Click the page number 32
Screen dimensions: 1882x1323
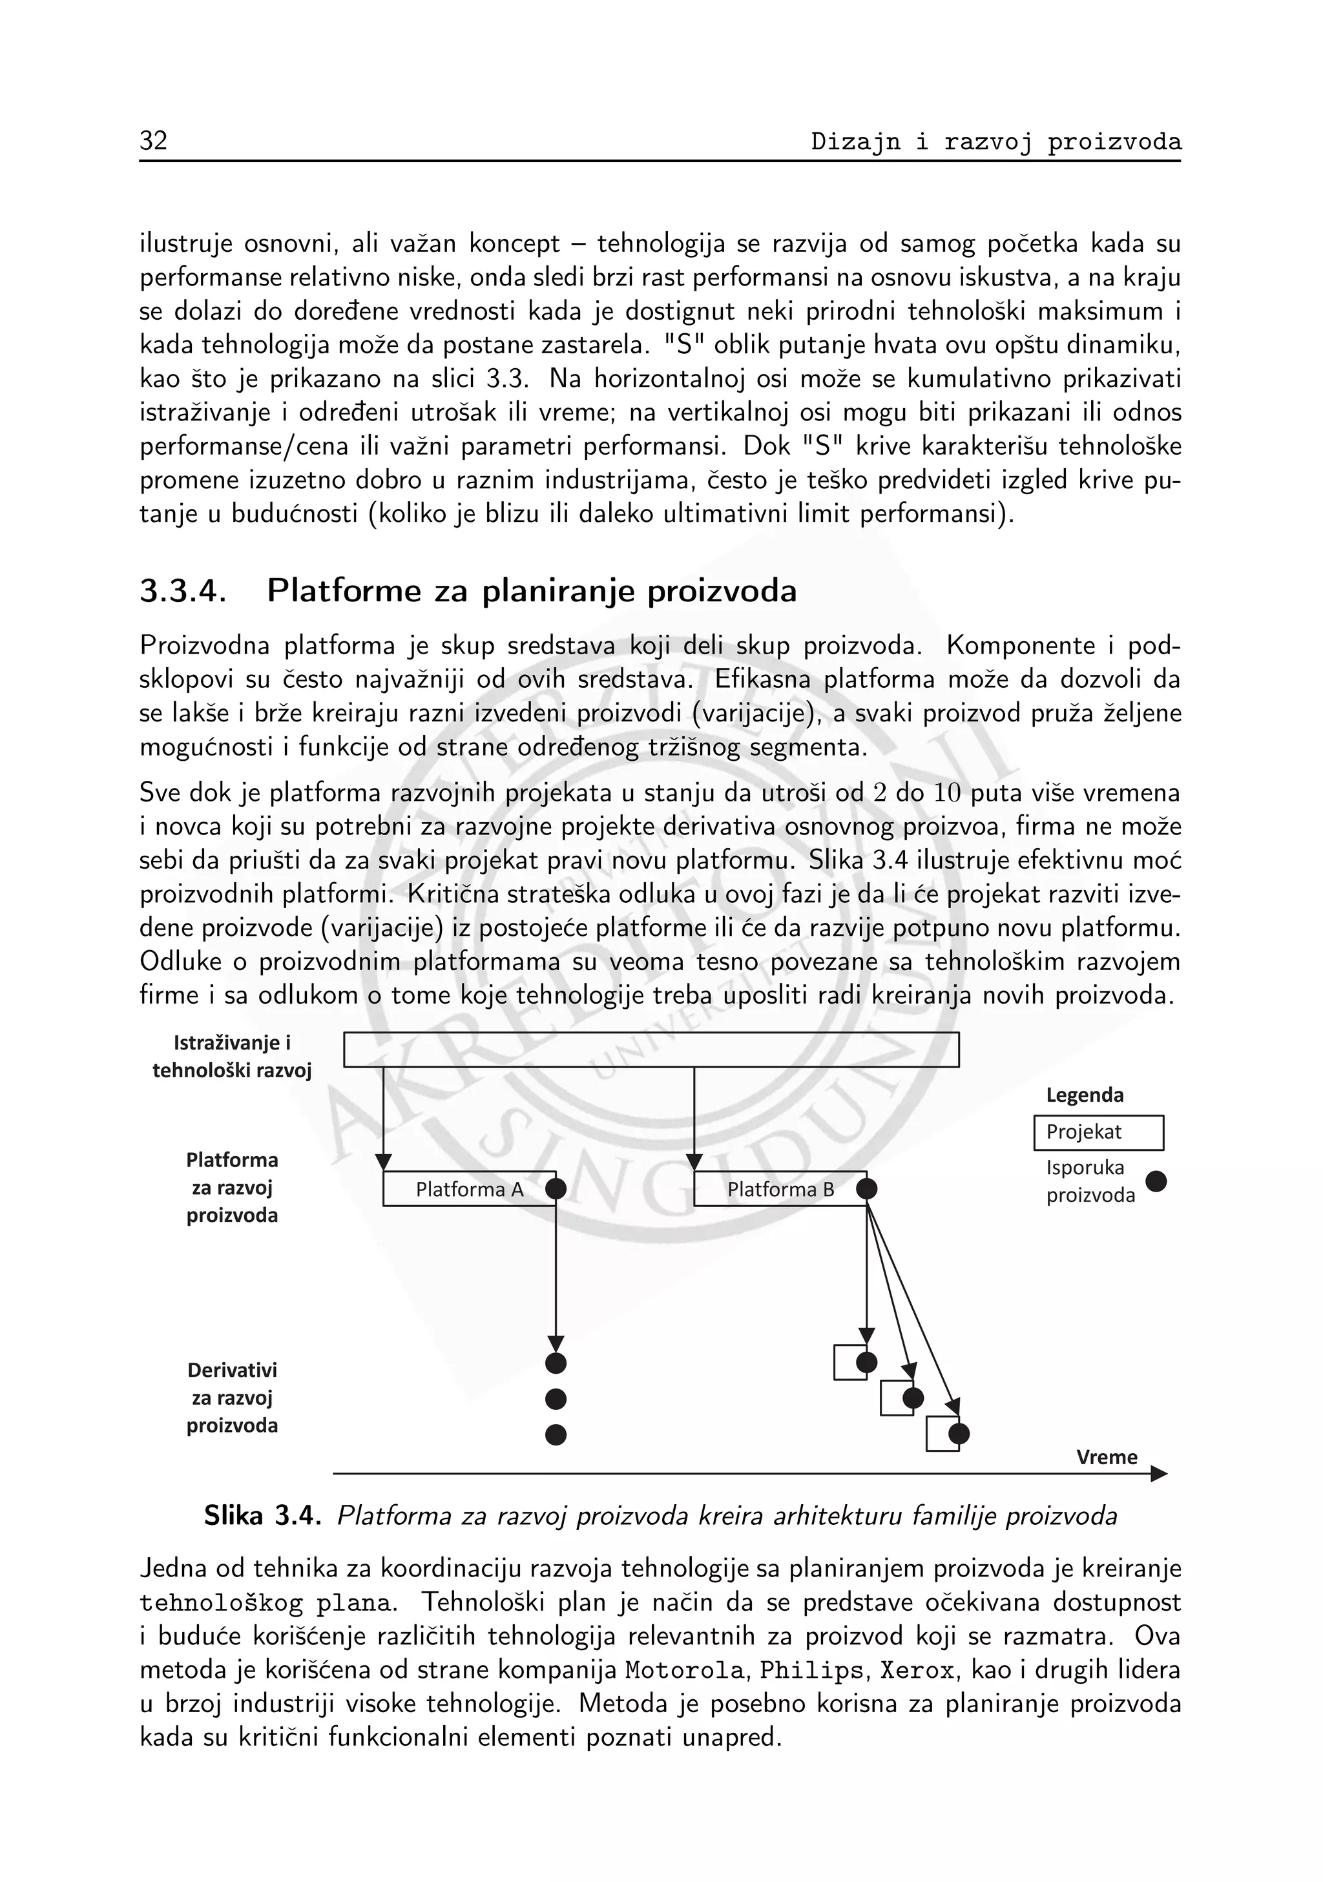153,141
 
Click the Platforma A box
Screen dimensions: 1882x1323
469,1188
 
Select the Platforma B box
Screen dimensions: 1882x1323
780,1188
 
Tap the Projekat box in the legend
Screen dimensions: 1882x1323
1098,1132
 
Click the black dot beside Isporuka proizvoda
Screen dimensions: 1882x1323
1156,1181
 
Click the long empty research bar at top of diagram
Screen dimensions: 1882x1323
651,1050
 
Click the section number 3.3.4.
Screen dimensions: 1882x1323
182,591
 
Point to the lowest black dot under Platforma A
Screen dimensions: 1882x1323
556,1434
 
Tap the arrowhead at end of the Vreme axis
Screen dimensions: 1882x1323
1158,1474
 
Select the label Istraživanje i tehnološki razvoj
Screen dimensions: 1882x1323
232,1057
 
